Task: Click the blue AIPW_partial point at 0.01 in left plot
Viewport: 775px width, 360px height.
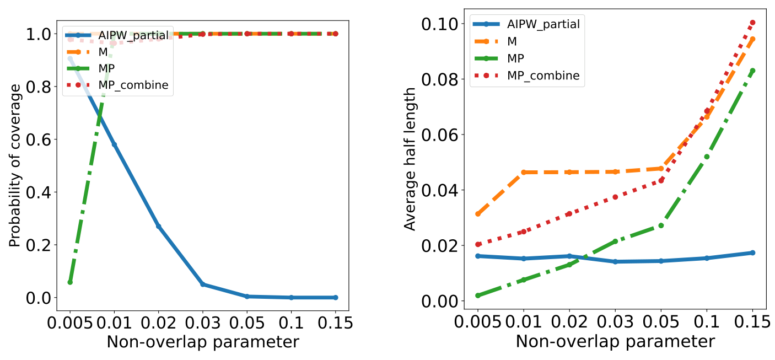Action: [x=114, y=144]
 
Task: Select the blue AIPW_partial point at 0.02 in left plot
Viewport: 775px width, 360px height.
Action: [x=158, y=226]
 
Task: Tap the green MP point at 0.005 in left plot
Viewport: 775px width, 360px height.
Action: [x=70, y=282]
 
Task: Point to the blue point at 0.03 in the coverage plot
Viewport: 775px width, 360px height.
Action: [x=203, y=284]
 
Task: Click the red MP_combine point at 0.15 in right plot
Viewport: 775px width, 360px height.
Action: [x=752, y=23]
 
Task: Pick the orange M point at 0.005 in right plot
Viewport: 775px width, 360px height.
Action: [x=478, y=214]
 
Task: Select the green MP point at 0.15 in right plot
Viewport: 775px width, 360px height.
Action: [x=752, y=71]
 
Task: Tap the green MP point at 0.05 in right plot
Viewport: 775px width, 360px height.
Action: [x=661, y=225]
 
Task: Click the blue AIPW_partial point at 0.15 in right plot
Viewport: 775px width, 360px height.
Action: [x=752, y=252]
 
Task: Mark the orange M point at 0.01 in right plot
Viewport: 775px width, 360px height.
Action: [x=524, y=173]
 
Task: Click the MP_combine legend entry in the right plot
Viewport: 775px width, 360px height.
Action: [x=543, y=76]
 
